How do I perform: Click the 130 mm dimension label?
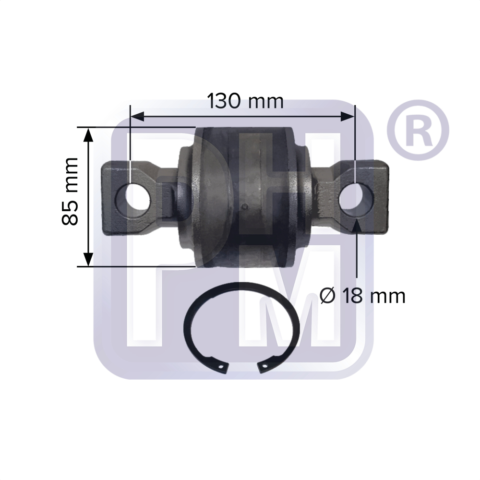tap(245, 101)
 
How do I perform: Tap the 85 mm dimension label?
tap(70, 192)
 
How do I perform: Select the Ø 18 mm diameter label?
tap(362, 296)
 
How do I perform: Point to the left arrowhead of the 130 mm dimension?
tap(137, 116)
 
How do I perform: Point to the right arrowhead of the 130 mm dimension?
tap(348, 116)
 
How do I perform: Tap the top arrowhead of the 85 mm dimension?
tap(88, 135)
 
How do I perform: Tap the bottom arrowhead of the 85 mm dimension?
tap(88, 259)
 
